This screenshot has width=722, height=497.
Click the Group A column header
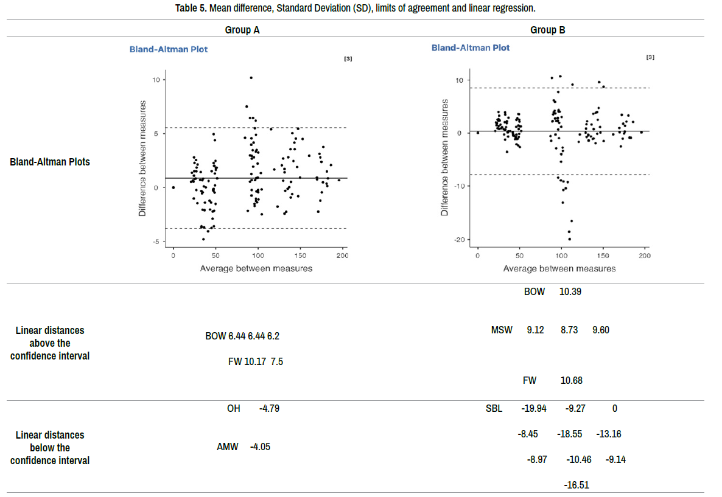[242, 30]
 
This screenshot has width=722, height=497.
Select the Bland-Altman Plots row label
[50, 162]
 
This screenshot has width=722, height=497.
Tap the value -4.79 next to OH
[269, 408]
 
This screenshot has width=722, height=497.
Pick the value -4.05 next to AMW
[260, 447]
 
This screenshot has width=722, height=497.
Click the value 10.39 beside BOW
[570, 291]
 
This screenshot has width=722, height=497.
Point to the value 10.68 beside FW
[572, 381]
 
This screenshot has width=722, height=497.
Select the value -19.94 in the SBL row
[534, 408]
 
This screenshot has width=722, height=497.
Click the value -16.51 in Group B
[577, 485]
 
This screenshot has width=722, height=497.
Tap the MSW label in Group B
[502, 330]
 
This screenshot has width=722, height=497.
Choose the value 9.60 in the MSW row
[601, 330]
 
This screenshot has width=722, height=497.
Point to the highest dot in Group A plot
[251, 78]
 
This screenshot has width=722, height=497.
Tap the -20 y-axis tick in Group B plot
[460, 240]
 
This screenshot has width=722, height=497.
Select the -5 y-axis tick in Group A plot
[156, 242]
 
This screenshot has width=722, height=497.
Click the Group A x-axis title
[256, 268]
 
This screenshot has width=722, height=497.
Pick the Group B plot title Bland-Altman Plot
[471, 47]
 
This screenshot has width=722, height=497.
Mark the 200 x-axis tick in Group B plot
[645, 255]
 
